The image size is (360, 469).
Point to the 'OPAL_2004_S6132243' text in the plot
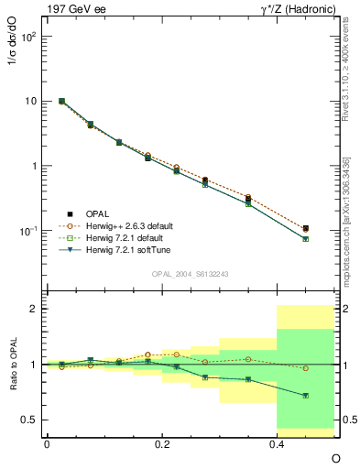click(190, 274)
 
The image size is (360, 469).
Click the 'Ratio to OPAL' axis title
click(13, 365)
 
